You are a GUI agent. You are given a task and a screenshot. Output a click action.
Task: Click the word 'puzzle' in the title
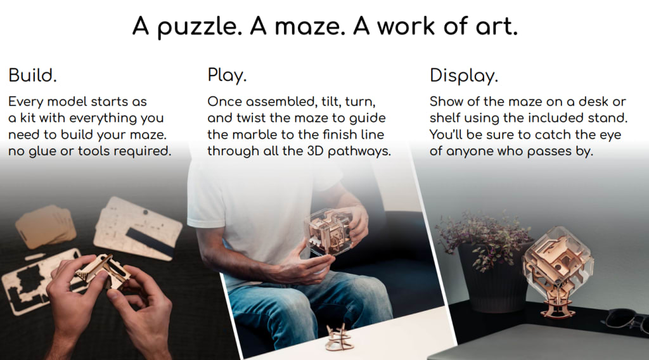[200, 27]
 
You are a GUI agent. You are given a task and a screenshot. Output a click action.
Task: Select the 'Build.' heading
[32, 75]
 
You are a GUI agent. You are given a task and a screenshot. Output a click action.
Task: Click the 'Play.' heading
[227, 75]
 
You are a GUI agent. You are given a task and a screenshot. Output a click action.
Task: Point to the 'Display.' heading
[463, 75]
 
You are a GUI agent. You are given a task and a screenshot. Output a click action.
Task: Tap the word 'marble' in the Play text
[257, 134]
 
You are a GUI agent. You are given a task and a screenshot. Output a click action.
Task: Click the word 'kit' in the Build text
[28, 118]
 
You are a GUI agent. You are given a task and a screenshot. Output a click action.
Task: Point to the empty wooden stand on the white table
[340, 337]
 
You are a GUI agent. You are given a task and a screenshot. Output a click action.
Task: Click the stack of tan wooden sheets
[45, 226]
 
